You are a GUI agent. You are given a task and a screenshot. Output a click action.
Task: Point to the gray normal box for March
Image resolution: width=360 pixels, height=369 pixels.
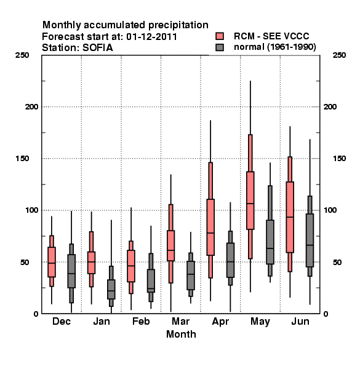[191, 276]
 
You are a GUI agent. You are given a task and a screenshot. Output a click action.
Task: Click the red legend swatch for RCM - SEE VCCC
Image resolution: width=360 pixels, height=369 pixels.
[220, 36]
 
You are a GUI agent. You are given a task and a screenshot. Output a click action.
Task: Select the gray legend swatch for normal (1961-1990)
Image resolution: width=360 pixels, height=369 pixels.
[220, 47]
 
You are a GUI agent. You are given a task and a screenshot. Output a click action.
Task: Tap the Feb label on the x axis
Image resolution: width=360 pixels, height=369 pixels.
[141, 321]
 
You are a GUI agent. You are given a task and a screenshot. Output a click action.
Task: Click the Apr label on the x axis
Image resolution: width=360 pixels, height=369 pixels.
[220, 322]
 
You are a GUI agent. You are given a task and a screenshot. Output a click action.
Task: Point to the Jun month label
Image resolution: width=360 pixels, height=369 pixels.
[300, 321]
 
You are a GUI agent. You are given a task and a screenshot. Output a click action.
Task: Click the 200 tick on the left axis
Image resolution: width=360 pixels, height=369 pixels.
[31, 106]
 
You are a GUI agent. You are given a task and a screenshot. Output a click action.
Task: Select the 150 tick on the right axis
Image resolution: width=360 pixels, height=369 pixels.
[339, 159]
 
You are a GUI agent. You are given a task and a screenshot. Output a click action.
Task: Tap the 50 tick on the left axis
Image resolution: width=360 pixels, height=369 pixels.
[25, 262]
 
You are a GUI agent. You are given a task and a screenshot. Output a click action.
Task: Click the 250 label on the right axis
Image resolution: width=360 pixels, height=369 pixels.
[339, 55]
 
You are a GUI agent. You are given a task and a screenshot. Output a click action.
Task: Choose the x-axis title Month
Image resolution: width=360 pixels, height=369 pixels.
[181, 334]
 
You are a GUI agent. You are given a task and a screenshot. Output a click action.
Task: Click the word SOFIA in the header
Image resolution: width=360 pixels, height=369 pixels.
[97, 48]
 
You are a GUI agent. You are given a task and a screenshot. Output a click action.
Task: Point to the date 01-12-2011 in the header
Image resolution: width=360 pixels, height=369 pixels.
[151, 37]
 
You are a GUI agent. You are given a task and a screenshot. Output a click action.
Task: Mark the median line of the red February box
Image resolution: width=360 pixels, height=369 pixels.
[131, 266]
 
